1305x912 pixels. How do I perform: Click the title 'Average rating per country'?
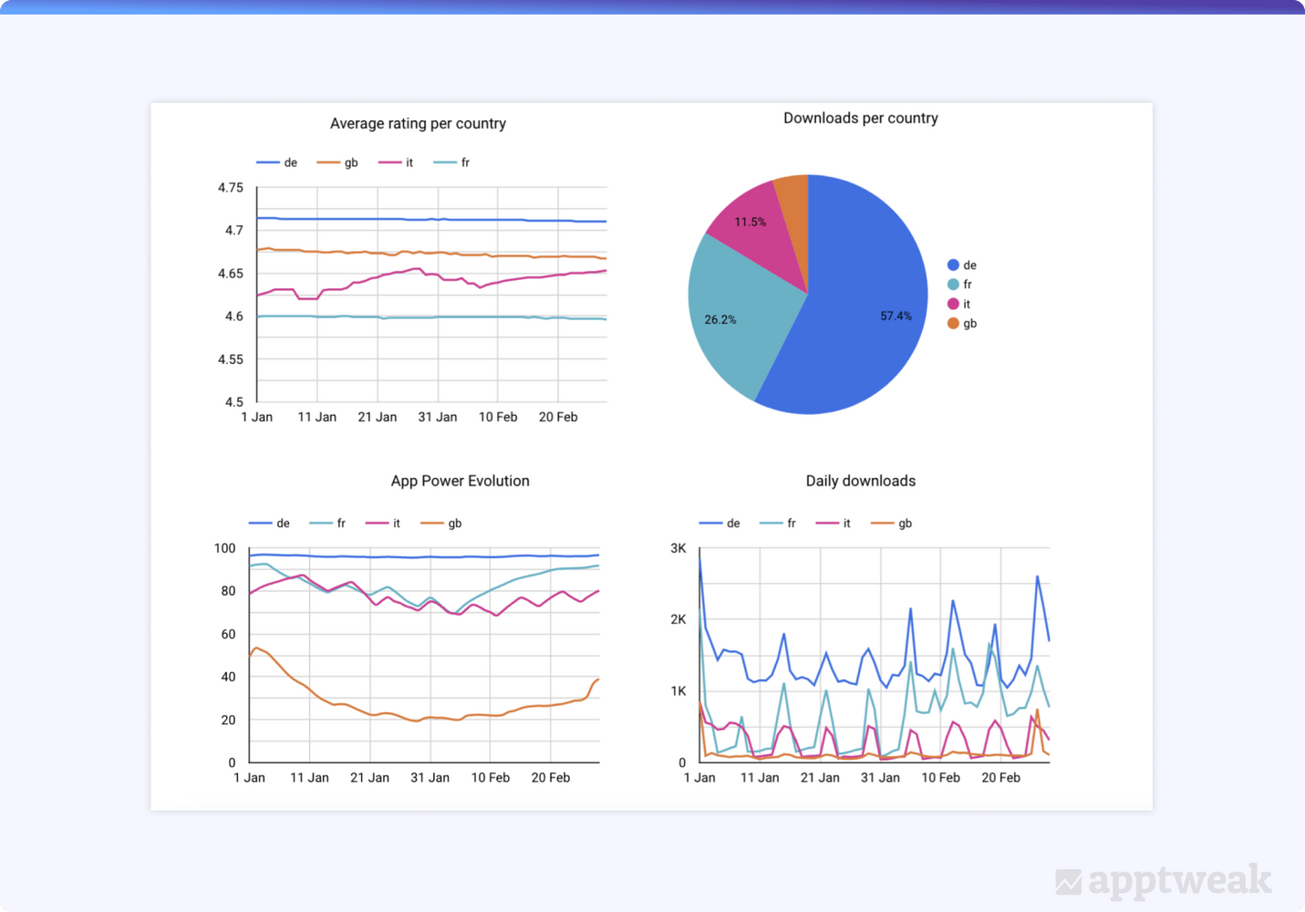pyautogui.click(x=418, y=123)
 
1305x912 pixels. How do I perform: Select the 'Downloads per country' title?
pyautogui.click(x=861, y=119)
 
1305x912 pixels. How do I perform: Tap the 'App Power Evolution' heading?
pyautogui.click(x=460, y=481)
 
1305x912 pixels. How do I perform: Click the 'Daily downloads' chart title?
pyautogui.click(x=861, y=481)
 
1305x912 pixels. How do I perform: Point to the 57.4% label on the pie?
pyautogui.click(x=896, y=316)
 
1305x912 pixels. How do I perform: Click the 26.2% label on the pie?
pyautogui.click(x=720, y=319)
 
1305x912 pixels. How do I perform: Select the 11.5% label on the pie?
pyautogui.click(x=750, y=222)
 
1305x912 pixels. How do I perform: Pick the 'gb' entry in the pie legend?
pyautogui.click(x=962, y=324)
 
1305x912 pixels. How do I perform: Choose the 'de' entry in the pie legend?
pyautogui.click(x=962, y=265)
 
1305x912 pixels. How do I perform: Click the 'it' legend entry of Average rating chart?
pyautogui.click(x=396, y=162)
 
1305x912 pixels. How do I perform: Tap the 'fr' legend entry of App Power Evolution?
pyautogui.click(x=327, y=523)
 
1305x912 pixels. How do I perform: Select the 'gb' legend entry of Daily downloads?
pyautogui.click(x=891, y=523)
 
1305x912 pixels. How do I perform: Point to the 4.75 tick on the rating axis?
pyautogui.click(x=230, y=188)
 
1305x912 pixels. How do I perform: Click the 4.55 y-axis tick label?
pyautogui.click(x=230, y=359)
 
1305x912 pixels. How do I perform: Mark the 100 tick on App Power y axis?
pyautogui.click(x=224, y=548)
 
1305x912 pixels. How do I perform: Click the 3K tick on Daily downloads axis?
pyautogui.click(x=678, y=548)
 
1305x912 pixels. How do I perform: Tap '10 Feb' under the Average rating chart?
pyautogui.click(x=498, y=418)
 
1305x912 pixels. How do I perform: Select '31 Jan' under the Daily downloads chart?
pyautogui.click(x=880, y=778)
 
